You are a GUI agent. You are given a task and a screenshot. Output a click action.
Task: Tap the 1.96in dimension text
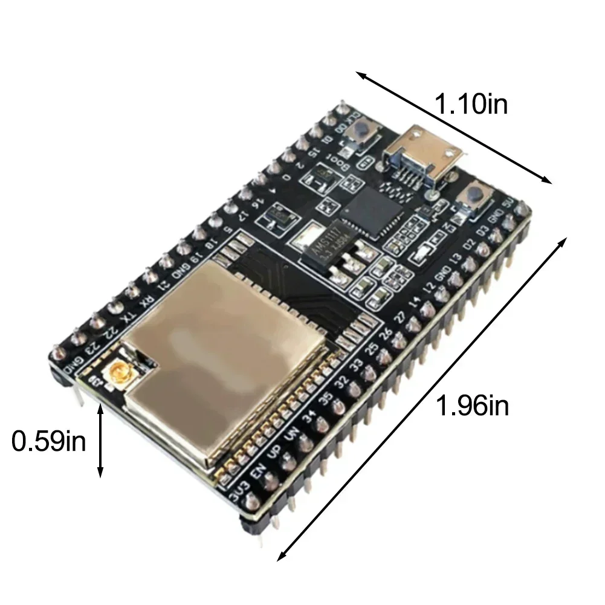473,406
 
